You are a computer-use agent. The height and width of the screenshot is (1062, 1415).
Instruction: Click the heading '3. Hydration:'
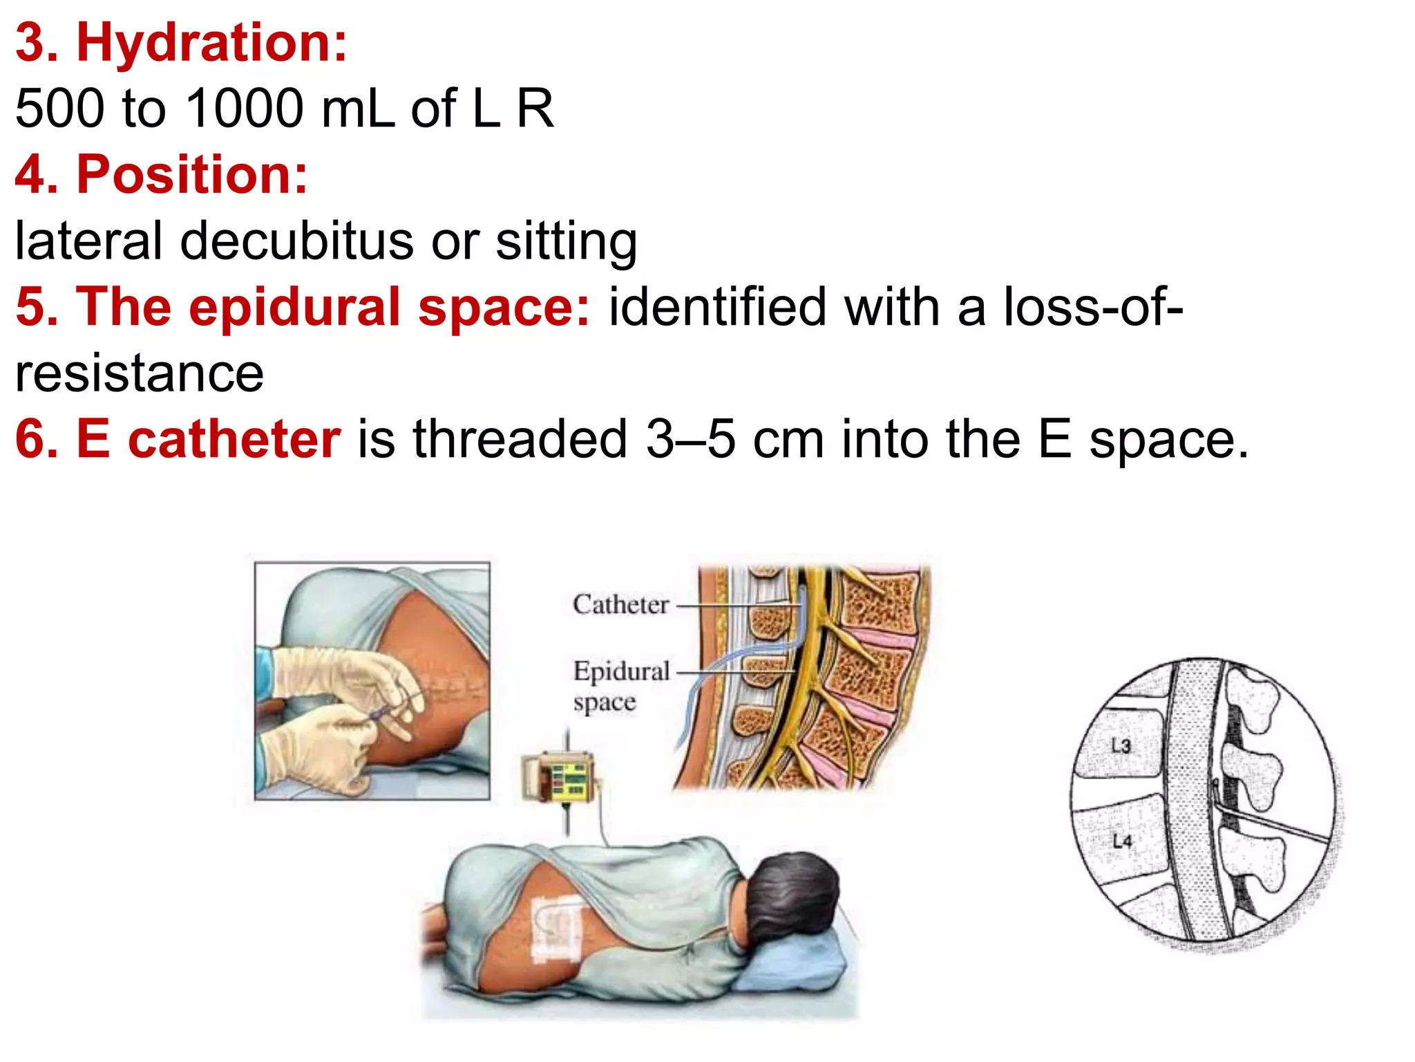pyautogui.click(x=181, y=43)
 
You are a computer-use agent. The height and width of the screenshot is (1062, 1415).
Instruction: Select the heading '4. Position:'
pyautogui.click(x=162, y=174)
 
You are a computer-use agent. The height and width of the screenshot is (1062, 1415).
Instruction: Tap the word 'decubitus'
pyautogui.click(x=297, y=241)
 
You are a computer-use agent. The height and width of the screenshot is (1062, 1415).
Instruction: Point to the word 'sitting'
pyautogui.click(x=566, y=241)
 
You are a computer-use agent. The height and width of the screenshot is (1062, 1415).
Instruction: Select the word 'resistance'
pyautogui.click(x=140, y=373)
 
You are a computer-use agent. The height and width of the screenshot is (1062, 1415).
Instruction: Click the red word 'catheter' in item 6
pyautogui.click(x=234, y=439)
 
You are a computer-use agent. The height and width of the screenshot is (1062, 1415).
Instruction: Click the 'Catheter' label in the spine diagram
pyautogui.click(x=620, y=605)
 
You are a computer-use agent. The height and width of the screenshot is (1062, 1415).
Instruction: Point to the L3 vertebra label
pyautogui.click(x=1121, y=745)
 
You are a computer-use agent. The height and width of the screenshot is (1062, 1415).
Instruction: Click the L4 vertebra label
pyautogui.click(x=1122, y=841)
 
